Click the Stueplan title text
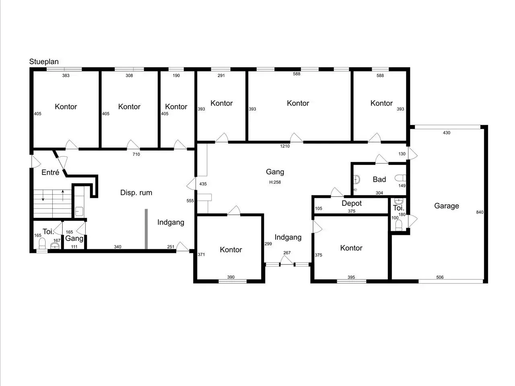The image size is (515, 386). (x=44, y=62)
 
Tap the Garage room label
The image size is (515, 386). (x=447, y=206)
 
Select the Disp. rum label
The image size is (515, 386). (x=136, y=193)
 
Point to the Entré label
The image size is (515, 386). (x=50, y=172)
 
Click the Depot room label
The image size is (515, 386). (x=352, y=203)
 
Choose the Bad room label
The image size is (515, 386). (x=379, y=179)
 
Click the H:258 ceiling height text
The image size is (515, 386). (x=275, y=182)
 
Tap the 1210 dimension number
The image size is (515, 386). (x=285, y=146)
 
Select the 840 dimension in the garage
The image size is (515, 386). (x=480, y=212)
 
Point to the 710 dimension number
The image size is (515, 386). (x=136, y=154)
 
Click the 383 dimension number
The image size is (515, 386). (x=66, y=76)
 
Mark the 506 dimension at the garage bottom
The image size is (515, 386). (x=440, y=277)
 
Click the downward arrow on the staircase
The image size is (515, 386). (x=43, y=196)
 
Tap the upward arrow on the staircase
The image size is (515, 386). (x=63, y=196)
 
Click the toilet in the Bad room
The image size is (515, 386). (x=400, y=178)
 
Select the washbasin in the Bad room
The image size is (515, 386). (x=356, y=179)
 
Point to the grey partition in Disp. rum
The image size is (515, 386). (x=146, y=229)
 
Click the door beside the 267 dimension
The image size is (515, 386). (x=287, y=260)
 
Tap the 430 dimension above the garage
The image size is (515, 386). (x=447, y=133)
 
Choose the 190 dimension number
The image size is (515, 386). (x=176, y=76)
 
